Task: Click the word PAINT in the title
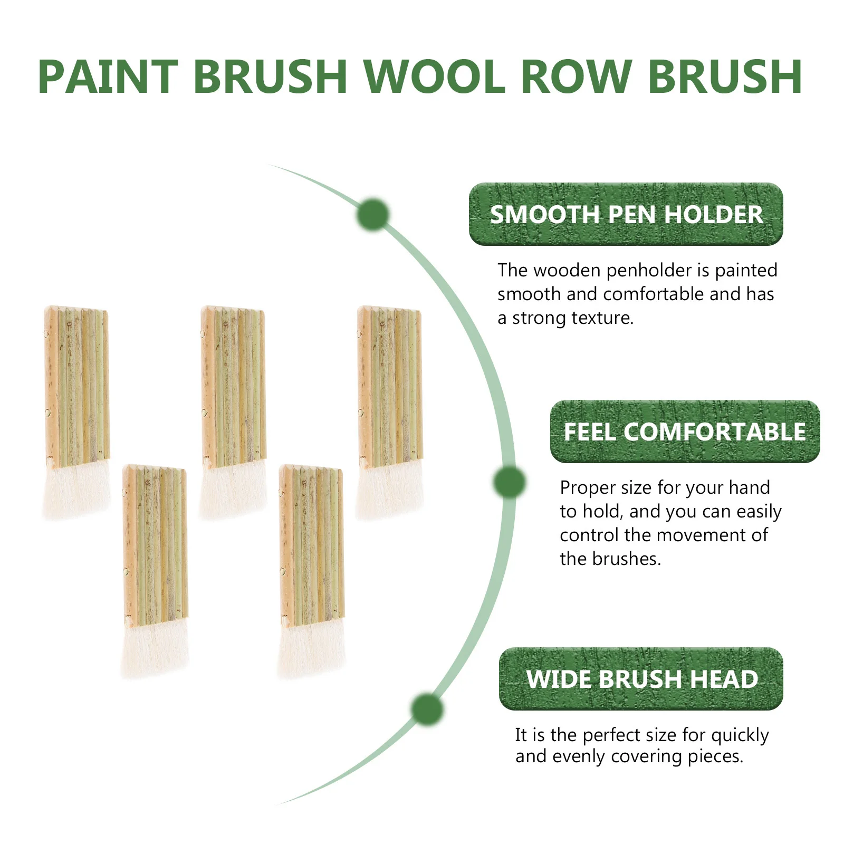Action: pos(108,76)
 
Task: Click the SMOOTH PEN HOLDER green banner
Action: pos(626,214)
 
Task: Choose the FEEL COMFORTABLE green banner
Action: pos(685,431)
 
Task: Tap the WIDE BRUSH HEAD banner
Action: pos(641,679)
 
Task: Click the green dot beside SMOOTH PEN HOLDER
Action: pos(373,215)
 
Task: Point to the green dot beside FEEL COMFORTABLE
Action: pos(510,482)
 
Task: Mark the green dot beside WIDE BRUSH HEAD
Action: pos(427,709)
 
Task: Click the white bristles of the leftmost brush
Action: pos(76,491)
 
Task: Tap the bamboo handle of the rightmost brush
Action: pos(390,385)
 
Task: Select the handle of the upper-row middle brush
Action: pos(233,385)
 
